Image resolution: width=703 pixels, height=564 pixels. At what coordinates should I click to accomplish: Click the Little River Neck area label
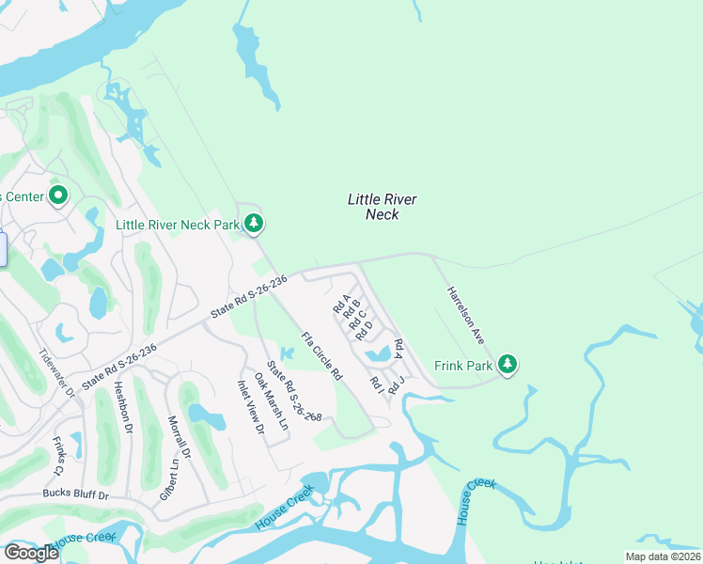382,207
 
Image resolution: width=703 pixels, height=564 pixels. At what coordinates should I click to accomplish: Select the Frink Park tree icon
508,364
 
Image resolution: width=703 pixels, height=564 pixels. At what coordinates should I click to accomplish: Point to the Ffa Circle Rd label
321,355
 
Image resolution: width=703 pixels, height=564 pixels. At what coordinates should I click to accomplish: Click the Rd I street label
377,384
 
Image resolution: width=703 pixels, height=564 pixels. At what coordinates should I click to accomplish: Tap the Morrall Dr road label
180,437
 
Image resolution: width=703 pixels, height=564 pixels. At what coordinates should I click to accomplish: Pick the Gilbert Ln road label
168,479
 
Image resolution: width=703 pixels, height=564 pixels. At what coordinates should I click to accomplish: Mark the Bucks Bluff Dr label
76,494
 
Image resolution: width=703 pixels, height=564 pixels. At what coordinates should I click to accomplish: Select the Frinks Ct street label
58,455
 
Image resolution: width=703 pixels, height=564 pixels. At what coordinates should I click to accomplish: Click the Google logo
31,553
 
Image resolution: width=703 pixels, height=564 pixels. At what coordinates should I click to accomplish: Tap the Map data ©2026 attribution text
662,556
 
